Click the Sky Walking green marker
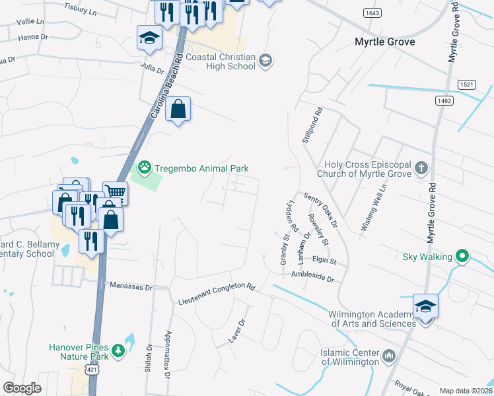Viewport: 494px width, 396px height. pyautogui.click(x=463, y=256)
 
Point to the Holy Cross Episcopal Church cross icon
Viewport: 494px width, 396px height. pyautogui.click(x=423, y=168)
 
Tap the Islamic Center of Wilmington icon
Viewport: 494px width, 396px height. pyautogui.click(x=389, y=357)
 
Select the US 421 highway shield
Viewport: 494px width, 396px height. pyautogui.click(x=92, y=372)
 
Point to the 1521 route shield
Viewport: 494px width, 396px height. pyautogui.click(x=466, y=84)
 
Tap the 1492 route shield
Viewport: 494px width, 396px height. pyautogui.click(x=443, y=100)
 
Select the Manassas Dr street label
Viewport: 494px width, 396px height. pyautogui.click(x=131, y=287)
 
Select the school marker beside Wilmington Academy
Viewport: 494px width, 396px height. pyautogui.click(x=426, y=307)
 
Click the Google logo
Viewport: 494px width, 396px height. pyautogui.click(x=22, y=388)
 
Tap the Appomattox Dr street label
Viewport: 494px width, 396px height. pyautogui.click(x=168, y=354)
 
